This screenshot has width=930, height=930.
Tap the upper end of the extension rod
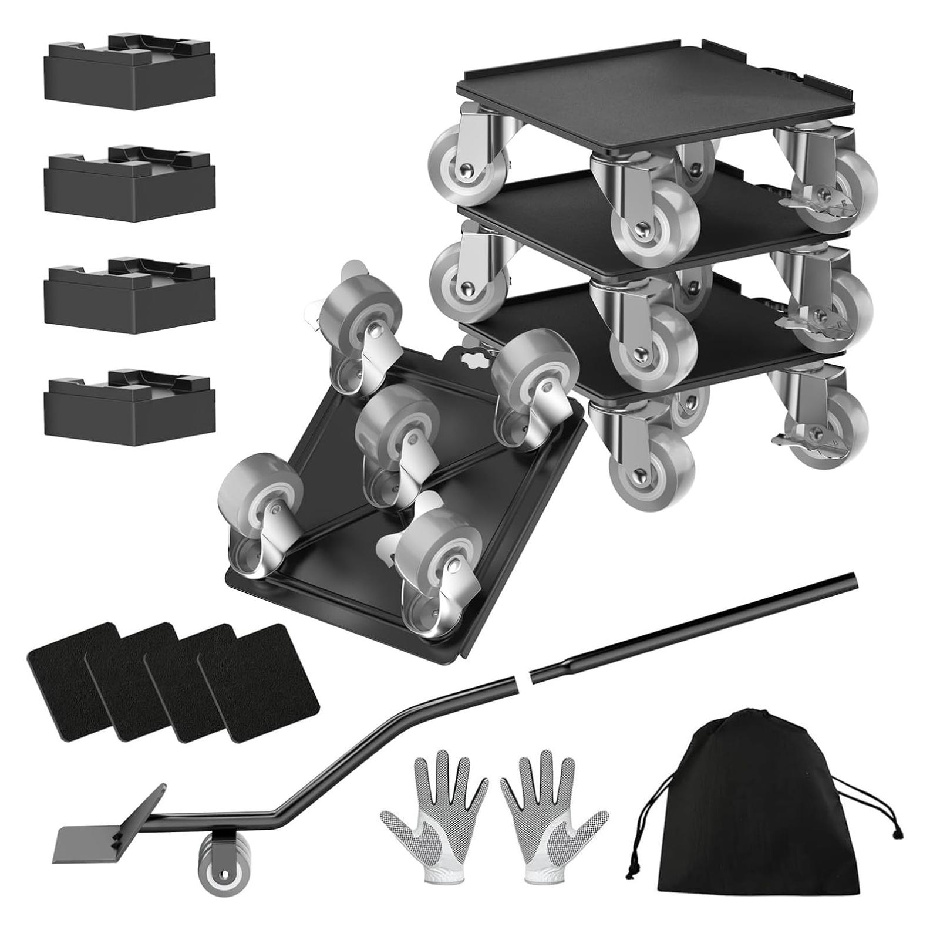851,580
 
